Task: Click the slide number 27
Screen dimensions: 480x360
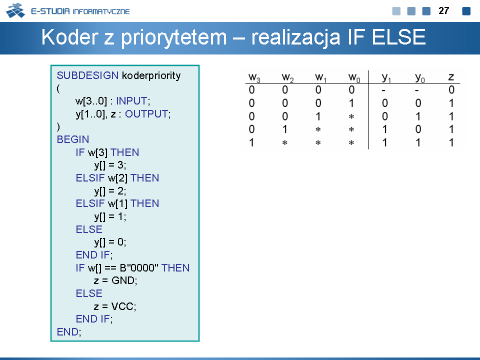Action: pos(443,10)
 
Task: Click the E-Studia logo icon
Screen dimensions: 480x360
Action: pos(15,10)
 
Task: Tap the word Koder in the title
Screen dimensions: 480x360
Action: pos(71,37)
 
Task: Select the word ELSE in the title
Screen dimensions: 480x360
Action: pos(398,37)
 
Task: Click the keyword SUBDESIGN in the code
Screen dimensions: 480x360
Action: pos(87,75)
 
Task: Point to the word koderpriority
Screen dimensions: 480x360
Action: pos(151,75)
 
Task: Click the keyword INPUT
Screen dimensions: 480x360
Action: pos(132,100)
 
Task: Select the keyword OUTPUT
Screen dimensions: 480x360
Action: pos(146,114)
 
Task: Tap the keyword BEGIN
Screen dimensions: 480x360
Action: pos(73,139)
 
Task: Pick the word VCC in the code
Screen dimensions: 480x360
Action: pos(122,306)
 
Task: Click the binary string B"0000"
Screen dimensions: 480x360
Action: pos(139,267)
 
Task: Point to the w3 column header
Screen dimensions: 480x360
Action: pos(254,77)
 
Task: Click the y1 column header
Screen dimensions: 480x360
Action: pos(386,77)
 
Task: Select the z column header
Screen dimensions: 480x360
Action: pos(451,77)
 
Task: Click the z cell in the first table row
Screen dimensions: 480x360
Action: pos(451,89)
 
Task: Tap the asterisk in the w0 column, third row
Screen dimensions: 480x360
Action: pos(351,116)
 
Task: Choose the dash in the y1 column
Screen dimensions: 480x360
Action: pos(383,90)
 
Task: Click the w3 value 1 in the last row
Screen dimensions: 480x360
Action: pos(251,142)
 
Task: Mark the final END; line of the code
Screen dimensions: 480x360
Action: pos(69,332)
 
